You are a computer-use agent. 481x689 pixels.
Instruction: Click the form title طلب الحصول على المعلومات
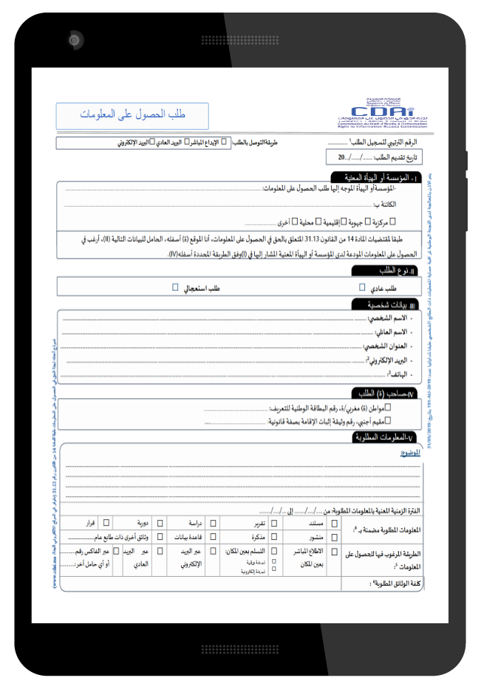click(133, 115)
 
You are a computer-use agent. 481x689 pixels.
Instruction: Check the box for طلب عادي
click(362, 287)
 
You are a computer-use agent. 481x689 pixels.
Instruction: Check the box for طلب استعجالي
click(175, 287)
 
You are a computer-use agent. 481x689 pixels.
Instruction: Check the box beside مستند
click(335, 523)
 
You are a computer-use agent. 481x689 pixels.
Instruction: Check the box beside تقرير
click(274, 523)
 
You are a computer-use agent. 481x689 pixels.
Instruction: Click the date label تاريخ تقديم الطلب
click(395, 157)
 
